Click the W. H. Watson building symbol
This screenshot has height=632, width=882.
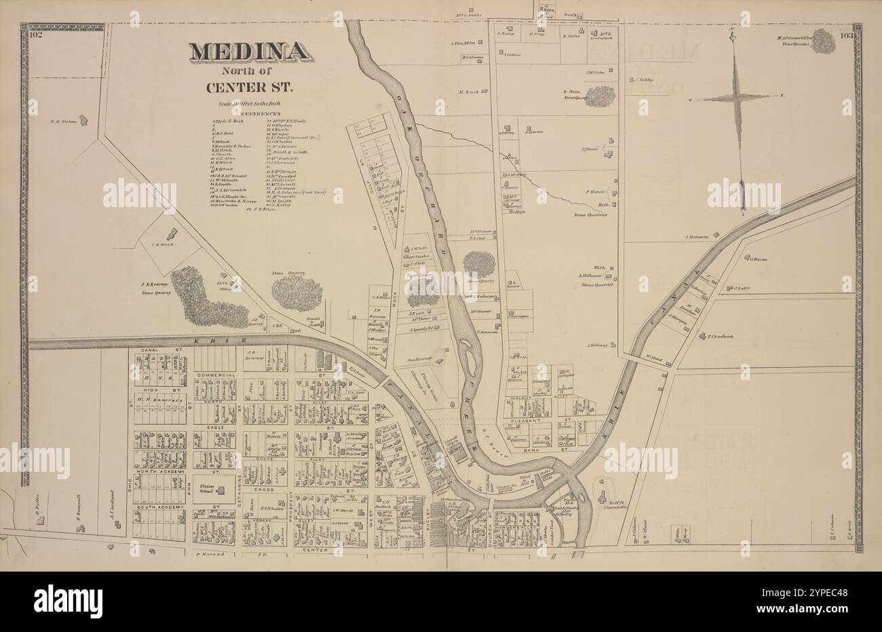83,120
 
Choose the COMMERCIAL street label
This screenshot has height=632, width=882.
215,375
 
